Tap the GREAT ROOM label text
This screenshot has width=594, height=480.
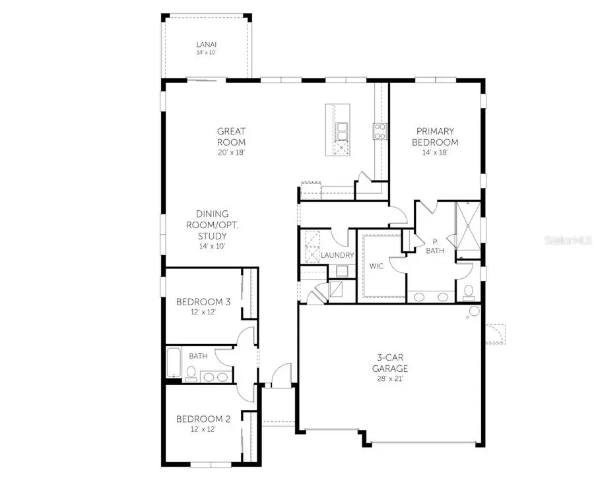(231, 136)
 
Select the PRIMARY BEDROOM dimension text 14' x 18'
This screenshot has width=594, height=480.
(434, 152)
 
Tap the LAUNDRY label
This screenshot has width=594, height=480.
(338, 255)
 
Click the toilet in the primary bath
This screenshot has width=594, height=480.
(469, 291)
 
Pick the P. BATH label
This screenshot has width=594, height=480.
(435, 246)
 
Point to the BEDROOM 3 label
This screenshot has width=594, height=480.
(203, 302)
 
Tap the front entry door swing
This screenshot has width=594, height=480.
(281, 375)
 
